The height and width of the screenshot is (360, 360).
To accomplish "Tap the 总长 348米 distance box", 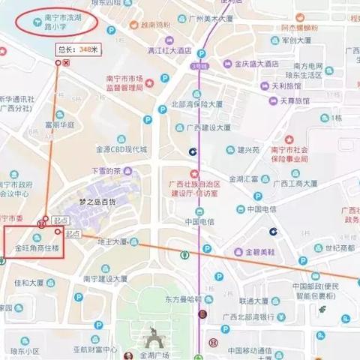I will pyautogui.click(x=78, y=49).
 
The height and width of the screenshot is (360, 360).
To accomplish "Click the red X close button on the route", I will pyautogui.click(x=67, y=62).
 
